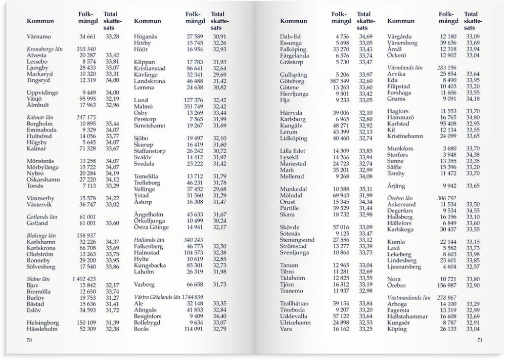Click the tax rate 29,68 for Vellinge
219,189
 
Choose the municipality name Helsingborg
42,323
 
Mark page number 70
29,340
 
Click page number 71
479,340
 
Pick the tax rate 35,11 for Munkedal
365,190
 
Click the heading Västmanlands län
408,298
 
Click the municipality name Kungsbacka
153,265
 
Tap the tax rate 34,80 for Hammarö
473,117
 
